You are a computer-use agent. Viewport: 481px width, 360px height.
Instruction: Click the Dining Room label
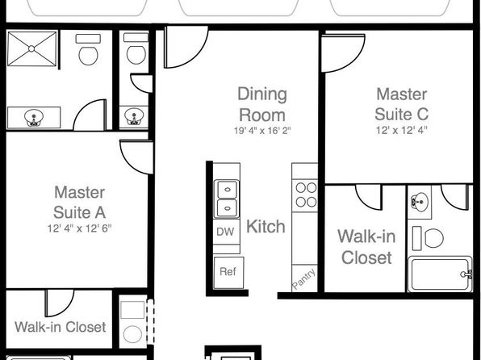click(262, 104)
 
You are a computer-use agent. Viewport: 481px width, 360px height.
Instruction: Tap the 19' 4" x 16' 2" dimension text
click(262, 131)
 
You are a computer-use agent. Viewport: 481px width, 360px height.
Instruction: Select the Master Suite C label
click(402, 104)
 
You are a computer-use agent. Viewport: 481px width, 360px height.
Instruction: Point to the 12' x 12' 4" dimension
click(402, 131)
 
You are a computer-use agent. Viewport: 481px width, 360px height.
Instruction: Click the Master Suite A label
click(79, 203)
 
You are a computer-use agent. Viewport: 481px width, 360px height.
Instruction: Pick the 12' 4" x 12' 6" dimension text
click(79, 228)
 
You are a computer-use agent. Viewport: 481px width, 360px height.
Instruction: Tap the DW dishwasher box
click(227, 232)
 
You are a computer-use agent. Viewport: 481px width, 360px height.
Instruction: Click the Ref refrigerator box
click(228, 273)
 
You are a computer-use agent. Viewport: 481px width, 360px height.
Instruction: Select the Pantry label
click(303, 278)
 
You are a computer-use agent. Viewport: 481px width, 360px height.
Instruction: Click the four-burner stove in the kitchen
click(306, 195)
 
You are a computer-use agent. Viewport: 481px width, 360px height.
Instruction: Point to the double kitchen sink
click(227, 199)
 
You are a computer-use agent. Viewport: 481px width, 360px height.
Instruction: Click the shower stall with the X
click(31, 48)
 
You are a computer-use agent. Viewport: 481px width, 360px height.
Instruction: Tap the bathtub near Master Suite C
click(440, 274)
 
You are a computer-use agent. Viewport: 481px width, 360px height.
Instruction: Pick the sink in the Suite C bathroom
click(420, 202)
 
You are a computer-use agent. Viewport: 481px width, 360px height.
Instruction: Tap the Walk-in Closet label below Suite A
click(61, 327)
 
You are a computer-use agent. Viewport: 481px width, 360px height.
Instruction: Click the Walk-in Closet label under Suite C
click(366, 247)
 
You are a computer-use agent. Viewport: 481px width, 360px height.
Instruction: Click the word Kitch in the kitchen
click(266, 227)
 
